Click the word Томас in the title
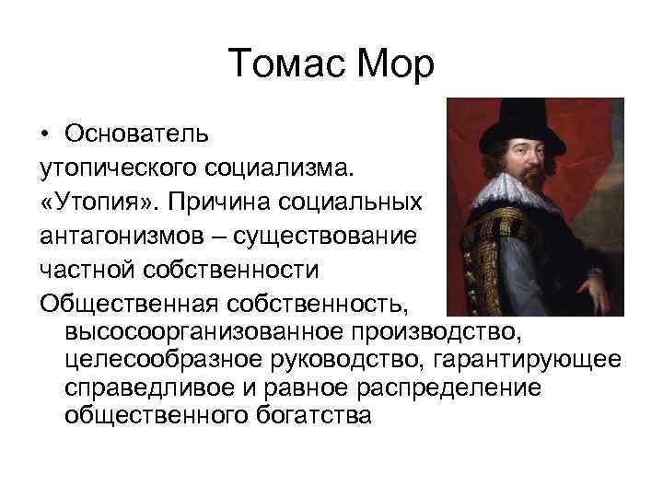[x=283, y=64]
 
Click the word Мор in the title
[x=390, y=64]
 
